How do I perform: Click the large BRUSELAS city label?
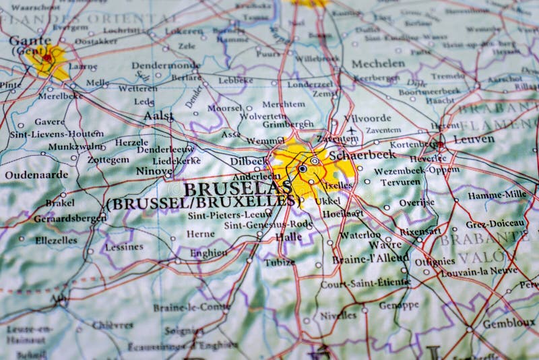237,188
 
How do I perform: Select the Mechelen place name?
379,63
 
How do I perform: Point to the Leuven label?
473,140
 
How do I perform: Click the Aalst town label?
158,116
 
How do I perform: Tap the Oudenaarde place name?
36,175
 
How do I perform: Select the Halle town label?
288,237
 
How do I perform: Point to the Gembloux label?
509,324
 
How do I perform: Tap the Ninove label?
154,171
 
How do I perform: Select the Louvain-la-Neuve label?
479,272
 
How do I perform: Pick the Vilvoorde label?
367,118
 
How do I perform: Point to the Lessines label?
124,247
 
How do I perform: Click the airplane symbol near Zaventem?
351,130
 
